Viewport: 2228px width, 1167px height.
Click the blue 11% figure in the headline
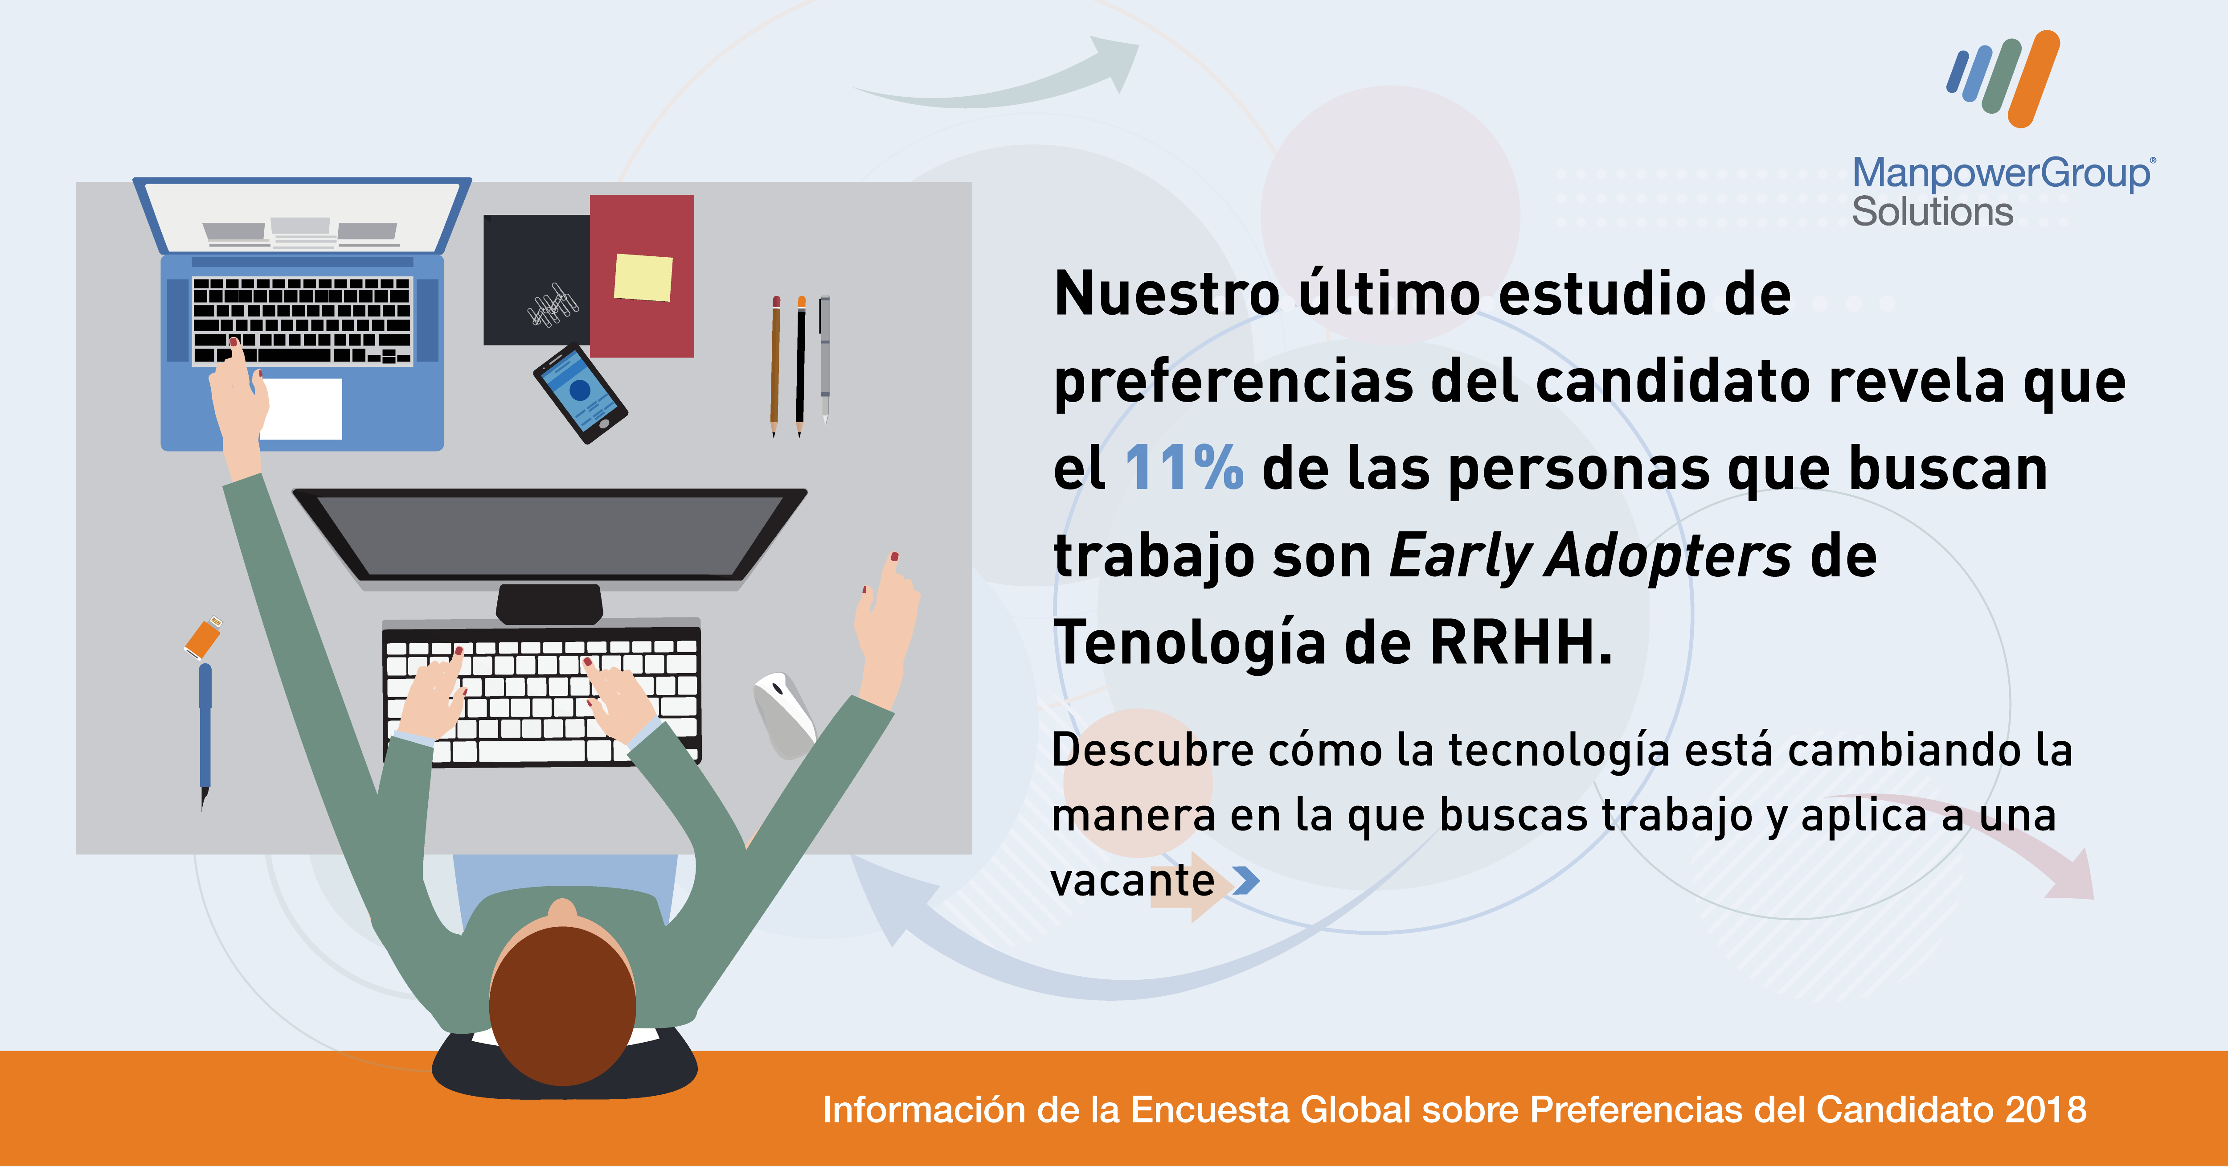[1184, 468]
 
